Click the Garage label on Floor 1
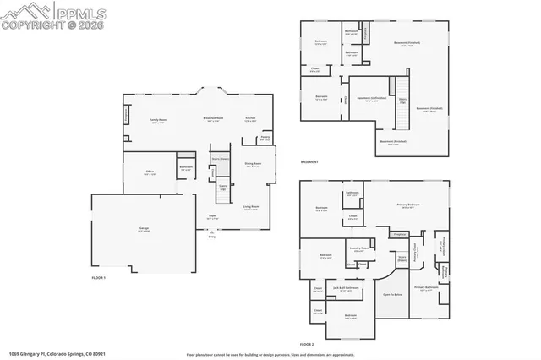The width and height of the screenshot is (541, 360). (133, 228)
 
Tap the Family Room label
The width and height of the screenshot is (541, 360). (158, 120)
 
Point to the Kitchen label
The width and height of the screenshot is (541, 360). (251, 117)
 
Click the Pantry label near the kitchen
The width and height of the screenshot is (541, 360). (265, 136)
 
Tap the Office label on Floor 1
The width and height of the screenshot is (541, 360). (150, 171)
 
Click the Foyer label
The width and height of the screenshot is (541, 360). (212, 216)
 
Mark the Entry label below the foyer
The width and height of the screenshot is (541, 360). (211, 237)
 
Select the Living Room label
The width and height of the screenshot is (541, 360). (251, 206)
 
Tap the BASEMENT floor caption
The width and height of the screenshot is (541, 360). (310, 161)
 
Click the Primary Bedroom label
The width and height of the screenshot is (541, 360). (408, 205)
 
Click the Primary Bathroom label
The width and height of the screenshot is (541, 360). (426, 288)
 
